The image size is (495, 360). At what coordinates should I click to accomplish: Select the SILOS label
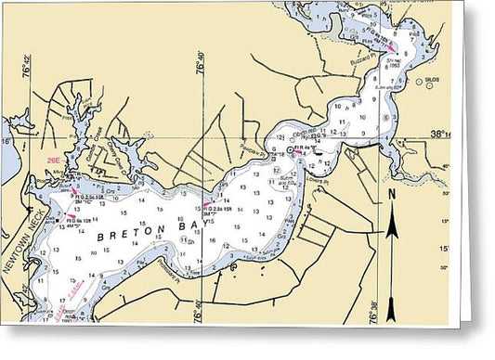[433, 81]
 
